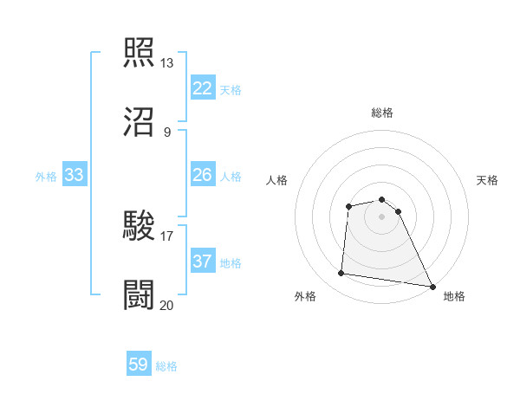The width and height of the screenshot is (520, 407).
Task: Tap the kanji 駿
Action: coord(140,225)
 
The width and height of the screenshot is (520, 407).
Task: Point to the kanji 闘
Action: coord(140,294)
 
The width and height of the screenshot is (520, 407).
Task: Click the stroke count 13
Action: coord(167,63)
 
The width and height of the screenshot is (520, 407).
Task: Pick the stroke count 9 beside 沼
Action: coord(167,132)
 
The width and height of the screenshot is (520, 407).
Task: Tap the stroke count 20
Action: coord(167,305)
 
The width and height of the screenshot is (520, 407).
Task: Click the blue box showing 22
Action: coord(203,88)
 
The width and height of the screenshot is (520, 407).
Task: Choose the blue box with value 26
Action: coord(203,175)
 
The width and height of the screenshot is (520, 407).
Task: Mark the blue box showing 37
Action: coord(203,262)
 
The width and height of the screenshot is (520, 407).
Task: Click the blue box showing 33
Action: coord(75,175)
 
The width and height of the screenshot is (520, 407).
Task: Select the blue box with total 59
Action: coord(139,365)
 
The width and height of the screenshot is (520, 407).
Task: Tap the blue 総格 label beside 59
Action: coord(167,366)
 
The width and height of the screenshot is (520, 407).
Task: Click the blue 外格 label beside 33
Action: coord(46,177)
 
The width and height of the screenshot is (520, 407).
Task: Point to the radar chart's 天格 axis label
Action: coord(488,180)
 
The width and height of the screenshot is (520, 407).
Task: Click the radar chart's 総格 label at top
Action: coord(382,113)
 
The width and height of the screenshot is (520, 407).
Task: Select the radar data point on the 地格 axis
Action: coord(432,286)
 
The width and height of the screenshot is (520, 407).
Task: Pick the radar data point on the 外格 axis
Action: coord(341,274)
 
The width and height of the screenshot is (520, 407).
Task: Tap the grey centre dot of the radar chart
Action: coord(382,216)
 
